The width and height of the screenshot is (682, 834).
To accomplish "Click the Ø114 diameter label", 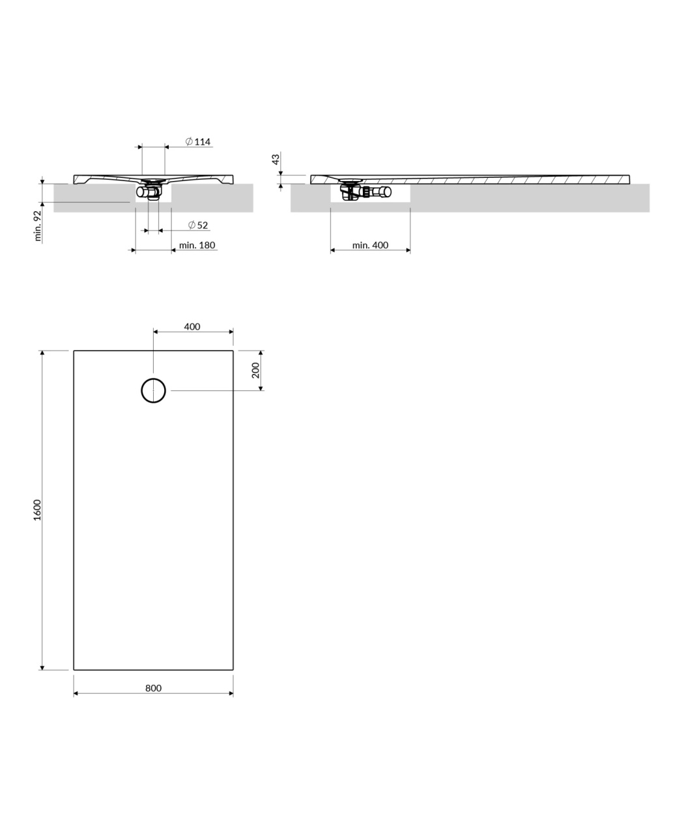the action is (197, 141).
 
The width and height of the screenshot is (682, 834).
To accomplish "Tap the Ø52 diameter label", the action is (198, 225).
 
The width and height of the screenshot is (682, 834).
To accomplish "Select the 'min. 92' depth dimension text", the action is (38, 226).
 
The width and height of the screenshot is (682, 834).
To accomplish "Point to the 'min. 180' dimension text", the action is (197, 245).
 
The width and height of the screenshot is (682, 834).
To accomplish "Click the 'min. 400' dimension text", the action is (370, 245).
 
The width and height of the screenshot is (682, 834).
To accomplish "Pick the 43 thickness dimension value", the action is (276, 159).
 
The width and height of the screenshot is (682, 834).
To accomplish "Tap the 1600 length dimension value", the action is (37, 510).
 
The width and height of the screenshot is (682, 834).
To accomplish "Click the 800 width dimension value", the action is (153, 688).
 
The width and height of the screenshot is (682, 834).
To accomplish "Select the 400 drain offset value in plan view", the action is (192, 326).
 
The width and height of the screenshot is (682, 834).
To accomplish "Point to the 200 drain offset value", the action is (256, 370).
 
